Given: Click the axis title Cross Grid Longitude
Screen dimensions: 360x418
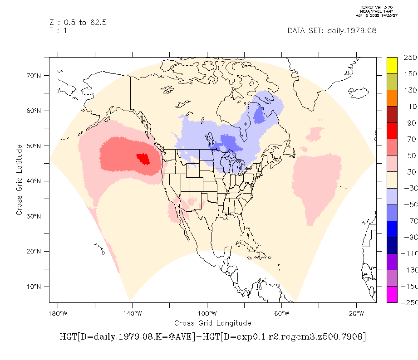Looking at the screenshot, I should point(212,323).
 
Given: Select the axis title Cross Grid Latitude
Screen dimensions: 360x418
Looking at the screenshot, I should point(20,180).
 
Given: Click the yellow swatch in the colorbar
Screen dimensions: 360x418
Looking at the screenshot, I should point(392,65).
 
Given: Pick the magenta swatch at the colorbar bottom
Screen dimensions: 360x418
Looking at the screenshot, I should point(392,294).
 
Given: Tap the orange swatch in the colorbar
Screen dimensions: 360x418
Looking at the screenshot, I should point(392,98).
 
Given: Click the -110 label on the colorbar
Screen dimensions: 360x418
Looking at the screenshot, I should point(411,254).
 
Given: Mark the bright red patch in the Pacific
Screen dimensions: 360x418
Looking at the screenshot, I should point(143,159).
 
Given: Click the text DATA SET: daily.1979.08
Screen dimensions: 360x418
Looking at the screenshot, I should point(332,31).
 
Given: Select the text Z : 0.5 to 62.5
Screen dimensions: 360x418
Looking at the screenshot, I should point(78,23).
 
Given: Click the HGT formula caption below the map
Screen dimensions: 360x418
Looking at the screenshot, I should point(212,337).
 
